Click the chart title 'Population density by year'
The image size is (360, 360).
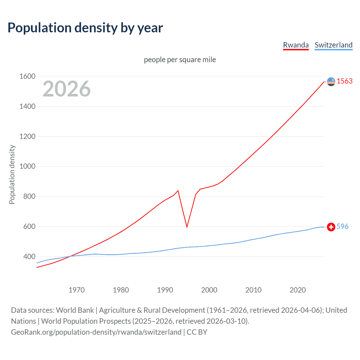pyautogui.click(x=85, y=28)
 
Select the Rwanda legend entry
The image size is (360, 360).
pyautogui.click(x=296, y=45)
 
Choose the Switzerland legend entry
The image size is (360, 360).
pyautogui.click(x=333, y=45)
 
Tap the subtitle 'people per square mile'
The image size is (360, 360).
pyautogui.click(x=180, y=60)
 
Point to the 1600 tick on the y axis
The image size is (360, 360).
pyautogui.click(x=27, y=76)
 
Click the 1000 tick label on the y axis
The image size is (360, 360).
pyautogui.click(x=27, y=166)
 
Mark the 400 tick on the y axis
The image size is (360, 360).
pyautogui.click(x=29, y=256)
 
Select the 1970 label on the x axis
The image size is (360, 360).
pyautogui.click(x=76, y=290)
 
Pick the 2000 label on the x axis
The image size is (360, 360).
pyautogui.click(x=209, y=290)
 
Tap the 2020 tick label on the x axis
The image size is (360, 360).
pyautogui.click(x=298, y=290)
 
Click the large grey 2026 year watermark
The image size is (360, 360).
pyautogui.click(x=67, y=89)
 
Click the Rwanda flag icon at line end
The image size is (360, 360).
pyautogui.click(x=331, y=82)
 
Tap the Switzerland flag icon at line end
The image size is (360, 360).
pyautogui.click(x=331, y=227)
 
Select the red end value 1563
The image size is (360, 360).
pyautogui.click(x=345, y=81)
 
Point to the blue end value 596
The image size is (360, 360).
pyautogui.click(x=342, y=226)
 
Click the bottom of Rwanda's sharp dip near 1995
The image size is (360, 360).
pyautogui.click(x=187, y=227)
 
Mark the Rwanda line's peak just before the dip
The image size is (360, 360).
pyautogui.click(x=178, y=191)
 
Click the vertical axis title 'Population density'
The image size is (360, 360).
pyautogui.click(x=12, y=174)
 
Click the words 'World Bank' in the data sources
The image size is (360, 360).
pyautogui.click(x=75, y=310)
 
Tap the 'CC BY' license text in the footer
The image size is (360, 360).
pyautogui.click(x=197, y=332)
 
